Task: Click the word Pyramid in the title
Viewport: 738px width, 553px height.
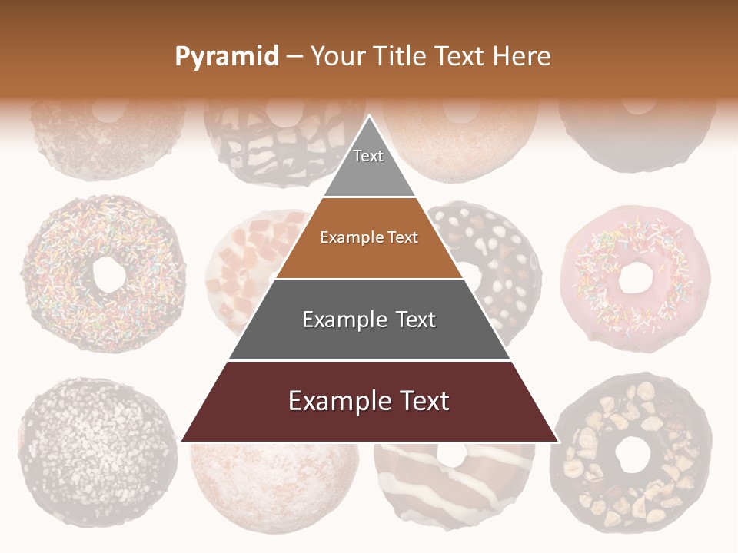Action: pos(226,57)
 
